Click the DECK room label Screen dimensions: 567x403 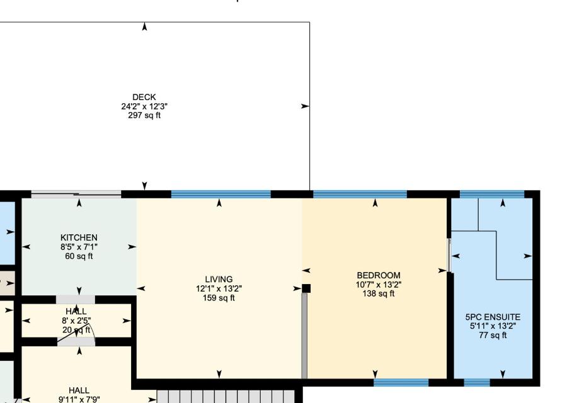point(144,97)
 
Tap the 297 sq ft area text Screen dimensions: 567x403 point(144,115)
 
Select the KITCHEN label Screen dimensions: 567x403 point(79,237)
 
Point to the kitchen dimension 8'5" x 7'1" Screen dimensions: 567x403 point(79,247)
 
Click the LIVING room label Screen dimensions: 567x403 point(219,280)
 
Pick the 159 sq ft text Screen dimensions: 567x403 point(219,298)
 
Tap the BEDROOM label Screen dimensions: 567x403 point(379,275)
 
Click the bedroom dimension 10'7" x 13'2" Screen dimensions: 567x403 point(379,285)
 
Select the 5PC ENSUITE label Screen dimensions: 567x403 point(493,317)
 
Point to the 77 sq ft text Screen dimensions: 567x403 point(493,335)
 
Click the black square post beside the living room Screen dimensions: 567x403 point(306,288)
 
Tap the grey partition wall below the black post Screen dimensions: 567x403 point(304,336)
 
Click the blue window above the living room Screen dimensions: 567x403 point(221,194)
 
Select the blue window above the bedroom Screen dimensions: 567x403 point(360,194)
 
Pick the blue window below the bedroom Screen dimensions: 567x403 point(401,382)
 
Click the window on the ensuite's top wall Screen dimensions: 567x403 point(492,194)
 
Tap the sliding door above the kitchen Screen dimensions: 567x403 point(76,194)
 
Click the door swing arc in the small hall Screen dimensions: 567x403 point(93,333)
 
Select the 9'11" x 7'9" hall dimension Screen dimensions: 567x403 point(79,399)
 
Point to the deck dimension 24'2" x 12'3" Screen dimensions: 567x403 point(144,106)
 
